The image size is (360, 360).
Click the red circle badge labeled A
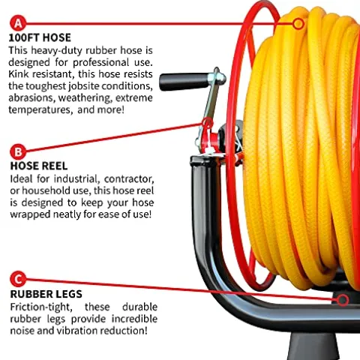click(18, 23)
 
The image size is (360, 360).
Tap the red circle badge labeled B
click(18, 151)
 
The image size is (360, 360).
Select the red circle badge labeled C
click(18, 279)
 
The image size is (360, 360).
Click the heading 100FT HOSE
click(40, 37)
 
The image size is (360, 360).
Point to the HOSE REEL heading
click(39, 166)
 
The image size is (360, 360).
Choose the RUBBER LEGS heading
click(46, 294)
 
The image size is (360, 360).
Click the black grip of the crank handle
click(184, 82)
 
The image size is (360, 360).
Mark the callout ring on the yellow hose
click(298, 24)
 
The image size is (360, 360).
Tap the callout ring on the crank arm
click(207, 123)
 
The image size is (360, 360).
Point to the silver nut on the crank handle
click(220, 77)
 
